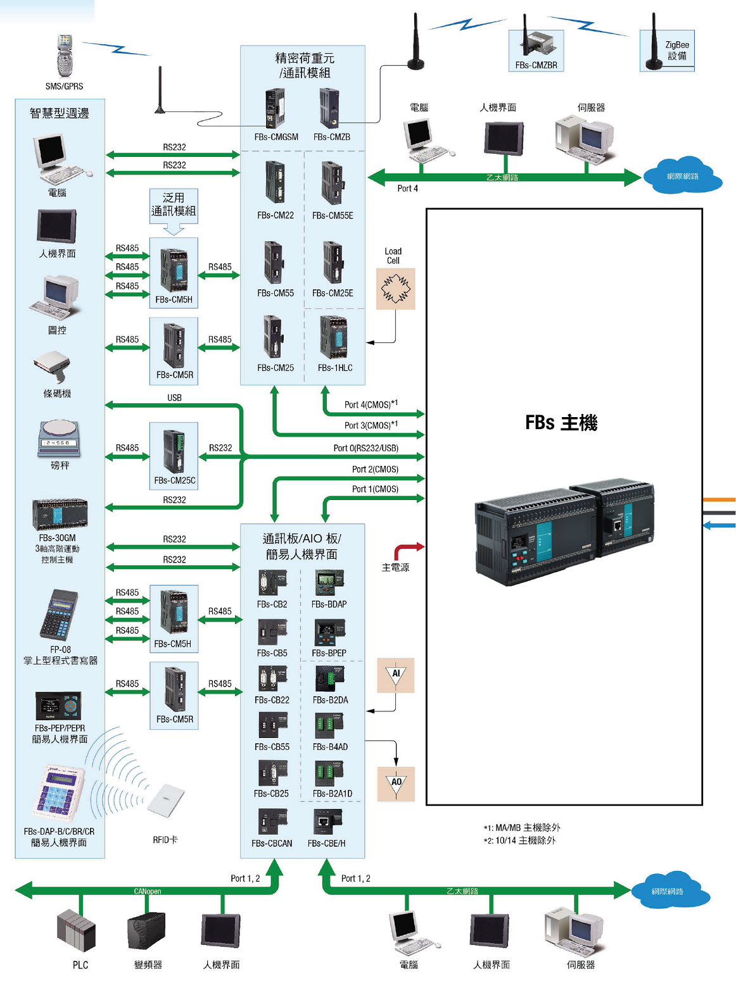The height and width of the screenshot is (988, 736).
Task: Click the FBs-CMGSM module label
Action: (276, 137)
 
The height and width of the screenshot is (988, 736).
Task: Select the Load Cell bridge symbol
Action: (395, 289)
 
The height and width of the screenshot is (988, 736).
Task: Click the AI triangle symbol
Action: (396, 675)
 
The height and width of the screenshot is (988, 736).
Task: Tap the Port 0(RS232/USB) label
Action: (365, 448)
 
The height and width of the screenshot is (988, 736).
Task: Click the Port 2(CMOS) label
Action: (375, 469)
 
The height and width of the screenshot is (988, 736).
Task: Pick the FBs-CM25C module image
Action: (174, 451)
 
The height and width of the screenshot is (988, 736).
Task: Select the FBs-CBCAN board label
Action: (272, 843)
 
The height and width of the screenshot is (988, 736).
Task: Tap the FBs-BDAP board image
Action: (329, 583)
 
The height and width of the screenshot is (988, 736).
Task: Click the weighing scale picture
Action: (59, 438)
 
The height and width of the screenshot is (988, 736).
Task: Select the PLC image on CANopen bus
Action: (77, 930)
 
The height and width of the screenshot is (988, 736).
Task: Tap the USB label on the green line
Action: (174, 398)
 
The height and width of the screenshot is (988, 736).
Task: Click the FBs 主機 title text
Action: (561, 423)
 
